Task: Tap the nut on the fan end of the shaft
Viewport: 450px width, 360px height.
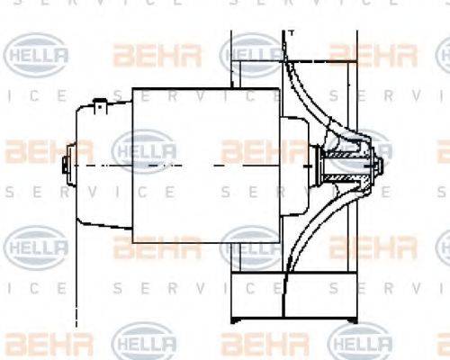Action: [377, 167]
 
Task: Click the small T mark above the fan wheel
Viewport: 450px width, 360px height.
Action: [291, 32]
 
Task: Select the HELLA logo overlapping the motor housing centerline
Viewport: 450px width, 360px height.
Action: [144, 148]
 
